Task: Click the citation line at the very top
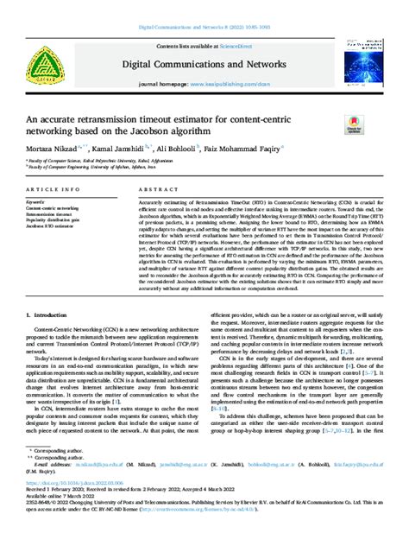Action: click(204, 28)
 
